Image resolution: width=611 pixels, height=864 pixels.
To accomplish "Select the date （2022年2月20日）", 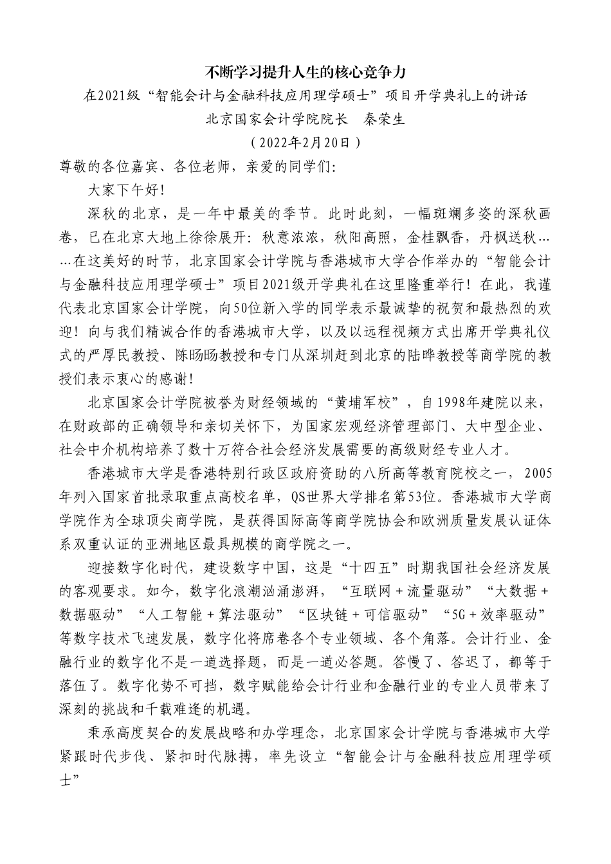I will [305, 141].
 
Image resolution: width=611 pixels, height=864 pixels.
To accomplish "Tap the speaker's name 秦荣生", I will [385, 118].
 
